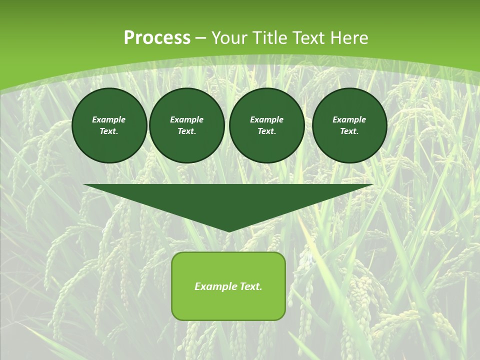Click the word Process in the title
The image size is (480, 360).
point(157,38)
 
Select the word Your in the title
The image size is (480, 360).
point(230,38)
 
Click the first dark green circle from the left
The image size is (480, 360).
point(109,125)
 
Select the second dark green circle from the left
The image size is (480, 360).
point(186,125)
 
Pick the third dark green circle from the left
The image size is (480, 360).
point(266,125)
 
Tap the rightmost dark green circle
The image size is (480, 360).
point(349,125)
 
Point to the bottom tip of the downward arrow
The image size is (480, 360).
point(229,231)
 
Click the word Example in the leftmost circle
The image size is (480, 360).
point(109,119)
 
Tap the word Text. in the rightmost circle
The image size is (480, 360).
point(349,131)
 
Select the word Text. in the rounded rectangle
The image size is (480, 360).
point(250,286)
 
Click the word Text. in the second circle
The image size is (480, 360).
point(186,131)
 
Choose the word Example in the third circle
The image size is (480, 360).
point(266,119)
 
